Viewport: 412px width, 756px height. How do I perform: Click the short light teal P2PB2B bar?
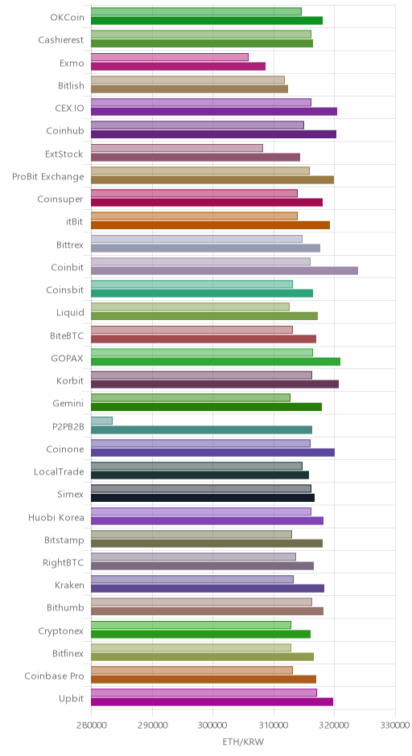tap(102, 421)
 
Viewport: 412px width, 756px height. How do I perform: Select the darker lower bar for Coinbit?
tap(225, 271)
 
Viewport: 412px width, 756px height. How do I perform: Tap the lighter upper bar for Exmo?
tap(170, 57)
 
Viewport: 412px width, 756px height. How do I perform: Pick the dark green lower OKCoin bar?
tap(207, 21)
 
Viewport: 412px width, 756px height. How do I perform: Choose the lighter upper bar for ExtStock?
tap(177, 148)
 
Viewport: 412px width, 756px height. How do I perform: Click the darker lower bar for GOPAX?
tap(216, 362)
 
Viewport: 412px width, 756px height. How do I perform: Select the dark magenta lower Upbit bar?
tap(212, 702)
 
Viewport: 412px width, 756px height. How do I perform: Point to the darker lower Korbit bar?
tap(215, 384)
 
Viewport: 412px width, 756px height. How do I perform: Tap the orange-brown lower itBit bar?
tap(210, 225)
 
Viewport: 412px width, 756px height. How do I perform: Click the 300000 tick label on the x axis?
tap(212, 725)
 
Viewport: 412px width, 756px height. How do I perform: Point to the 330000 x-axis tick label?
tap(395, 725)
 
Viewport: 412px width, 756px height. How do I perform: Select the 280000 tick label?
tap(91, 725)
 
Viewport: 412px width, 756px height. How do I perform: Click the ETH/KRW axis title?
tap(243, 742)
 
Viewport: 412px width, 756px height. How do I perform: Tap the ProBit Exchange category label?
tap(47, 176)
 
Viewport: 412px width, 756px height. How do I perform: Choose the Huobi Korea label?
tap(56, 517)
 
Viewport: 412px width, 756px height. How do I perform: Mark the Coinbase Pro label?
tap(54, 676)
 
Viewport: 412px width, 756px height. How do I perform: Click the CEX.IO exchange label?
tap(69, 108)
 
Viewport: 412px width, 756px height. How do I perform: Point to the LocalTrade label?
tap(59, 471)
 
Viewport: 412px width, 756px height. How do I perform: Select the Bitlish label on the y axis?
tap(71, 86)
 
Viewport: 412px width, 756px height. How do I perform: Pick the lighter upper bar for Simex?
tap(201, 488)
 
